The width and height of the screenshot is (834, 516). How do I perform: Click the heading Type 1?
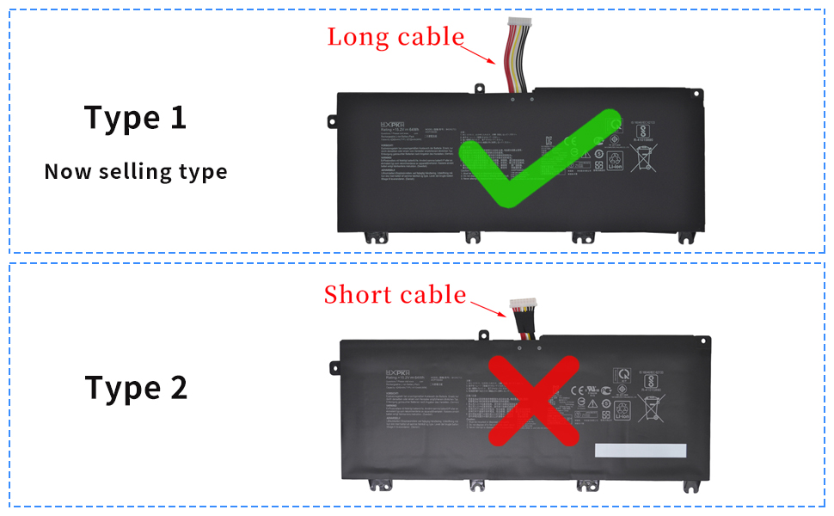point(135,117)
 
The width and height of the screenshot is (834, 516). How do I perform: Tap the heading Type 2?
point(136,388)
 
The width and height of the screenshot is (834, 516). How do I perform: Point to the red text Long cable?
point(396,37)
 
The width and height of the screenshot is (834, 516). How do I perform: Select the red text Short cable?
point(395,295)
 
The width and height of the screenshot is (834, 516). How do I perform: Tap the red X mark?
point(533,400)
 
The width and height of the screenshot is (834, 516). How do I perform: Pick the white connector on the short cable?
point(523,305)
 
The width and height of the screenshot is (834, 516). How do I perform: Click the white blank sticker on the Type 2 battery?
point(641,451)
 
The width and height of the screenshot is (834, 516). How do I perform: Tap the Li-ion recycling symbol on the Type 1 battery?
point(615,160)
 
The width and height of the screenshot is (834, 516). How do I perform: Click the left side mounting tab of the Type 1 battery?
point(330,120)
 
